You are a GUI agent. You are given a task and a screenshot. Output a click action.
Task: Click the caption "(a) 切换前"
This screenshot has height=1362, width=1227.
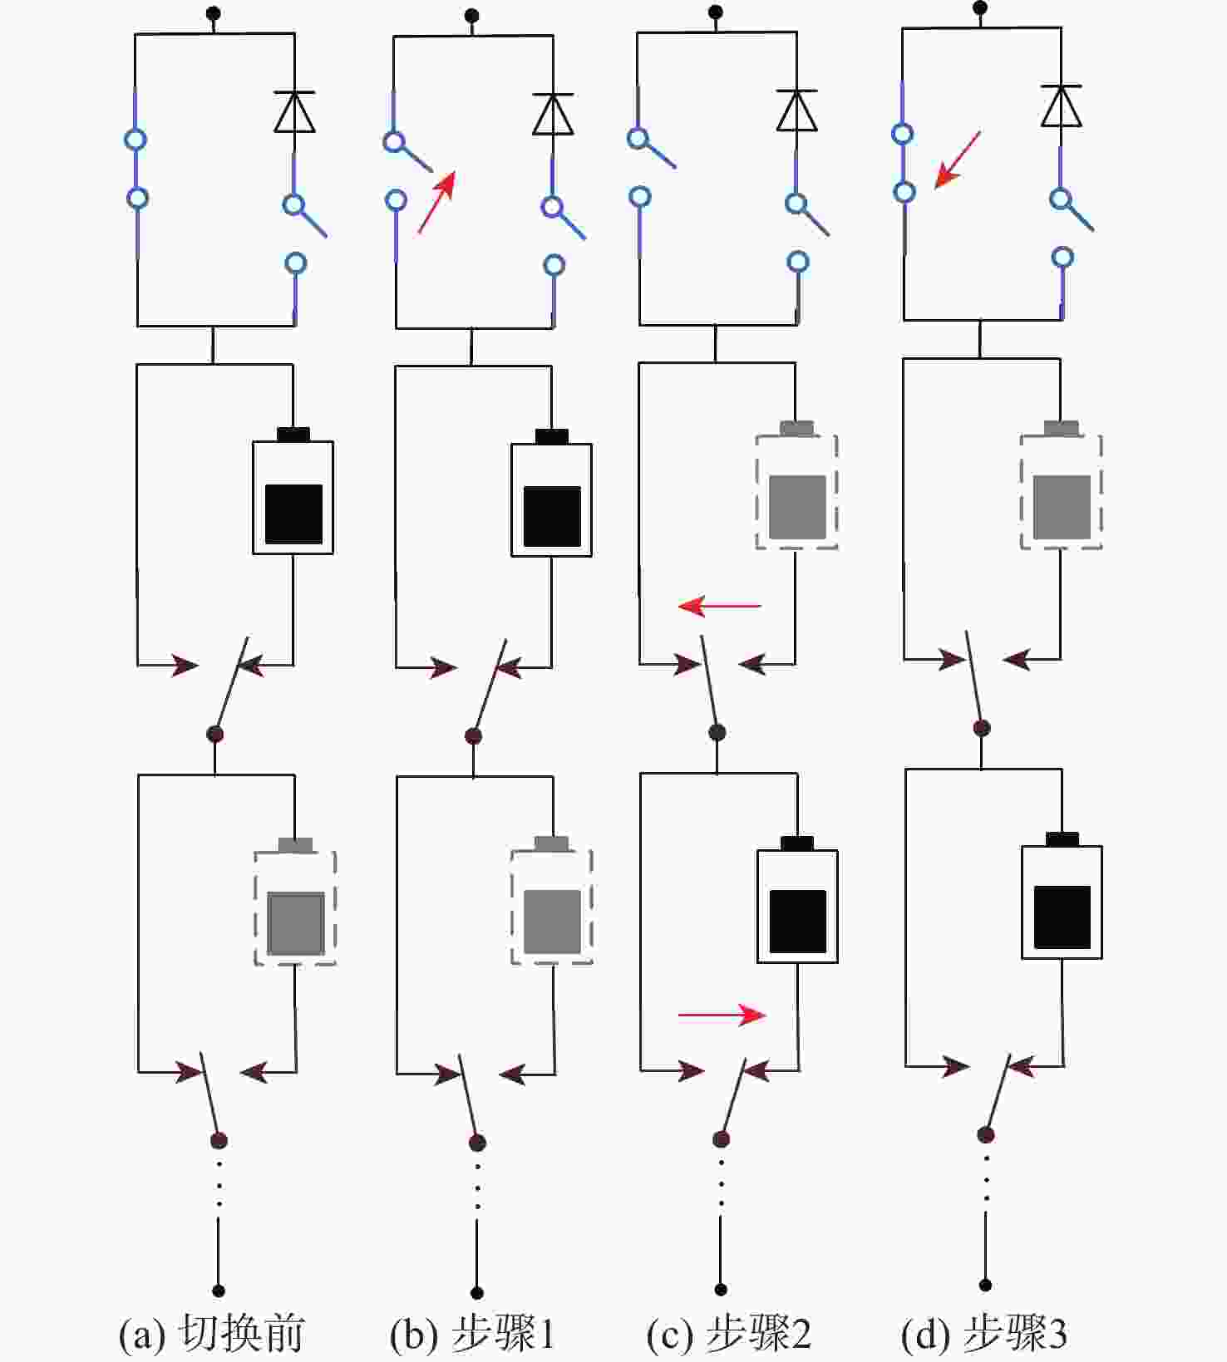[212, 1333]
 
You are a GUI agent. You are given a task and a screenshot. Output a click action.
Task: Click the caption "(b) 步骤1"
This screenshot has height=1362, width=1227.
[471, 1333]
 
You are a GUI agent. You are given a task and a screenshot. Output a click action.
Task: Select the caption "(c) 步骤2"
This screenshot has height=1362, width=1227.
[728, 1333]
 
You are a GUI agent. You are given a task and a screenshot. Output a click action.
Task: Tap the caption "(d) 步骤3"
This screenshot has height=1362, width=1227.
[984, 1333]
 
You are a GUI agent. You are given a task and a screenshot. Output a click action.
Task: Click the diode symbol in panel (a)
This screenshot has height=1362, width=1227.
[294, 112]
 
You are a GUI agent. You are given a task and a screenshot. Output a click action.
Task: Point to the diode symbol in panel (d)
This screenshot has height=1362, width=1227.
[1061, 106]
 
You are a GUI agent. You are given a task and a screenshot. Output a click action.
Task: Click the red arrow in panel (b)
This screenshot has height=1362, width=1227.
[436, 201]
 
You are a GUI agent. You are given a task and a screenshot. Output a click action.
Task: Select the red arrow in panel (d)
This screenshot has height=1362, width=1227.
[957, 160]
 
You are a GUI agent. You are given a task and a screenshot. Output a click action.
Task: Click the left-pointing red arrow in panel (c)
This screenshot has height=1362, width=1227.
[719, 607]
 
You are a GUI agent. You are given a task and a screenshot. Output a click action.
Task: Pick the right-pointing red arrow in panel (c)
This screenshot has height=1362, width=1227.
[722, 1015]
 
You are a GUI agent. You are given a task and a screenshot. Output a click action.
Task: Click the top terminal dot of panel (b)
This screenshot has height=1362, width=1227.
[471, 16]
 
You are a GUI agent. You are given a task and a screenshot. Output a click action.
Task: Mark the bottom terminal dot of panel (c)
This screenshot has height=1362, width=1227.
[721, 1290]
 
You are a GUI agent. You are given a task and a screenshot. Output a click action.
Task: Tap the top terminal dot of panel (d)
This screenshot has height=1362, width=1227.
[980, 8]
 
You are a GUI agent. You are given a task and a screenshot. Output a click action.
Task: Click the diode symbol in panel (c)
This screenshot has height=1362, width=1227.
[796, 111]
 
